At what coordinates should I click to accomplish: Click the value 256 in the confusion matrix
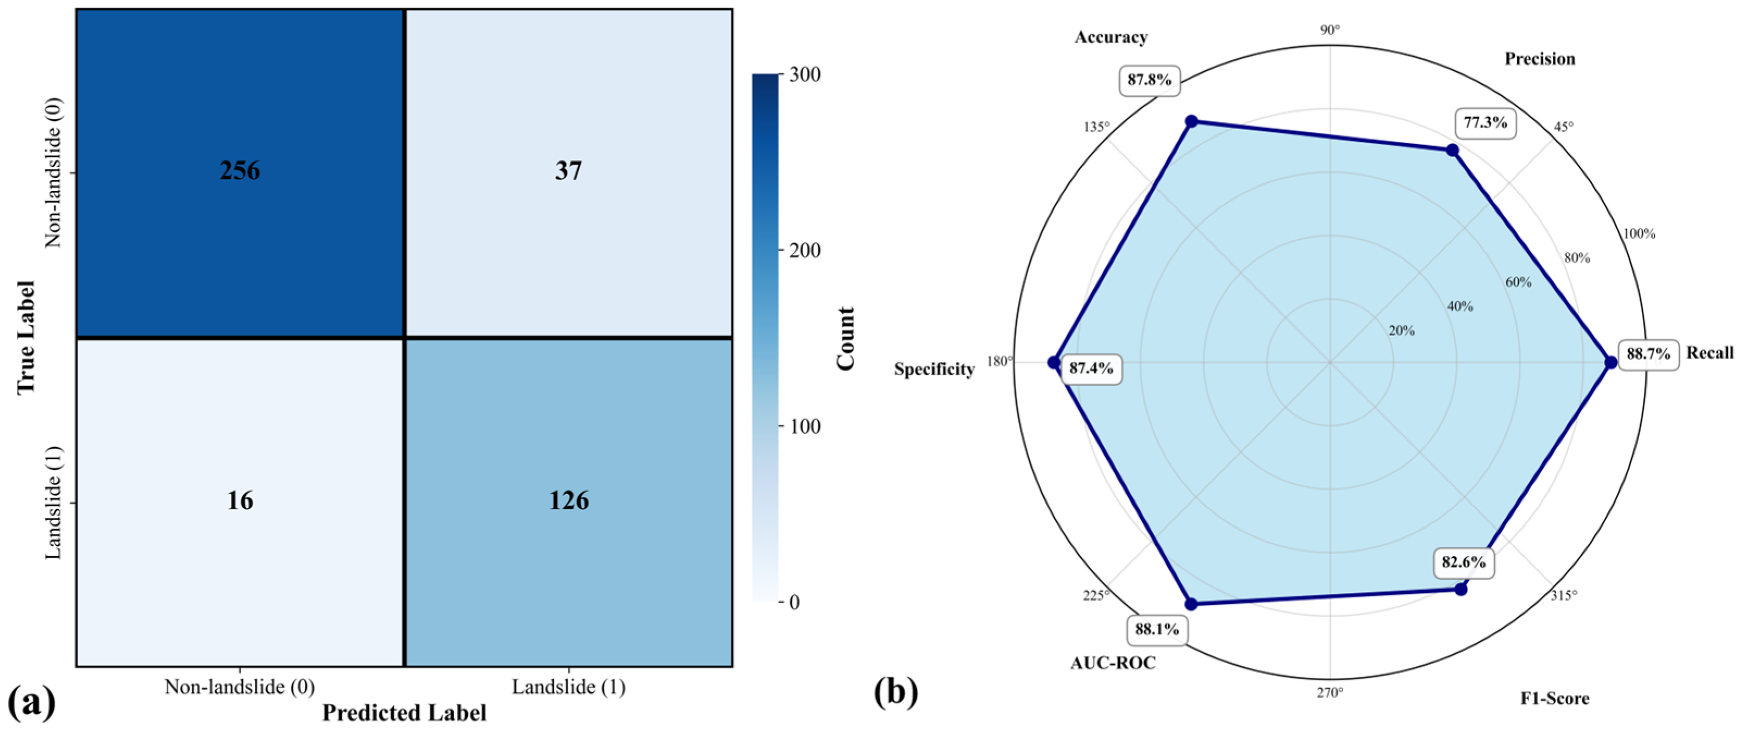[x=240, y=171]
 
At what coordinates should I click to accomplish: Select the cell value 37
[x=568, y=171]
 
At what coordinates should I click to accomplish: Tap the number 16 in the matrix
[x=240, y=500]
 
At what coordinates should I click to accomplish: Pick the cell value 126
[x=568, y=500]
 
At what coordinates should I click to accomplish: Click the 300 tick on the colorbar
[x=805, y=75]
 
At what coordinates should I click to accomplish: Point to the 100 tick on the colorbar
[x=805, y=426]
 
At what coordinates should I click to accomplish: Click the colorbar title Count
[x=845, y=338]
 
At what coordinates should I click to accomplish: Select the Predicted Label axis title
[x=404, y=713]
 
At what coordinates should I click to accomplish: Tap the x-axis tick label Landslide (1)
[x=568, y=687]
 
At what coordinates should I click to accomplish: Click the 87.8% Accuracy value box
[x=1149, y=80]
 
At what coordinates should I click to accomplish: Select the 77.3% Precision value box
[x=1485, y=122]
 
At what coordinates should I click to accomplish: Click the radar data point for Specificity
[x=1053, y=362]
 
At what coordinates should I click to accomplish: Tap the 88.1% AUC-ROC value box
[x=1156, y=629]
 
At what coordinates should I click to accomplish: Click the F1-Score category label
[x=1555, y=698]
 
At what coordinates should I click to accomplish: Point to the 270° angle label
[x=1330, y=693]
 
